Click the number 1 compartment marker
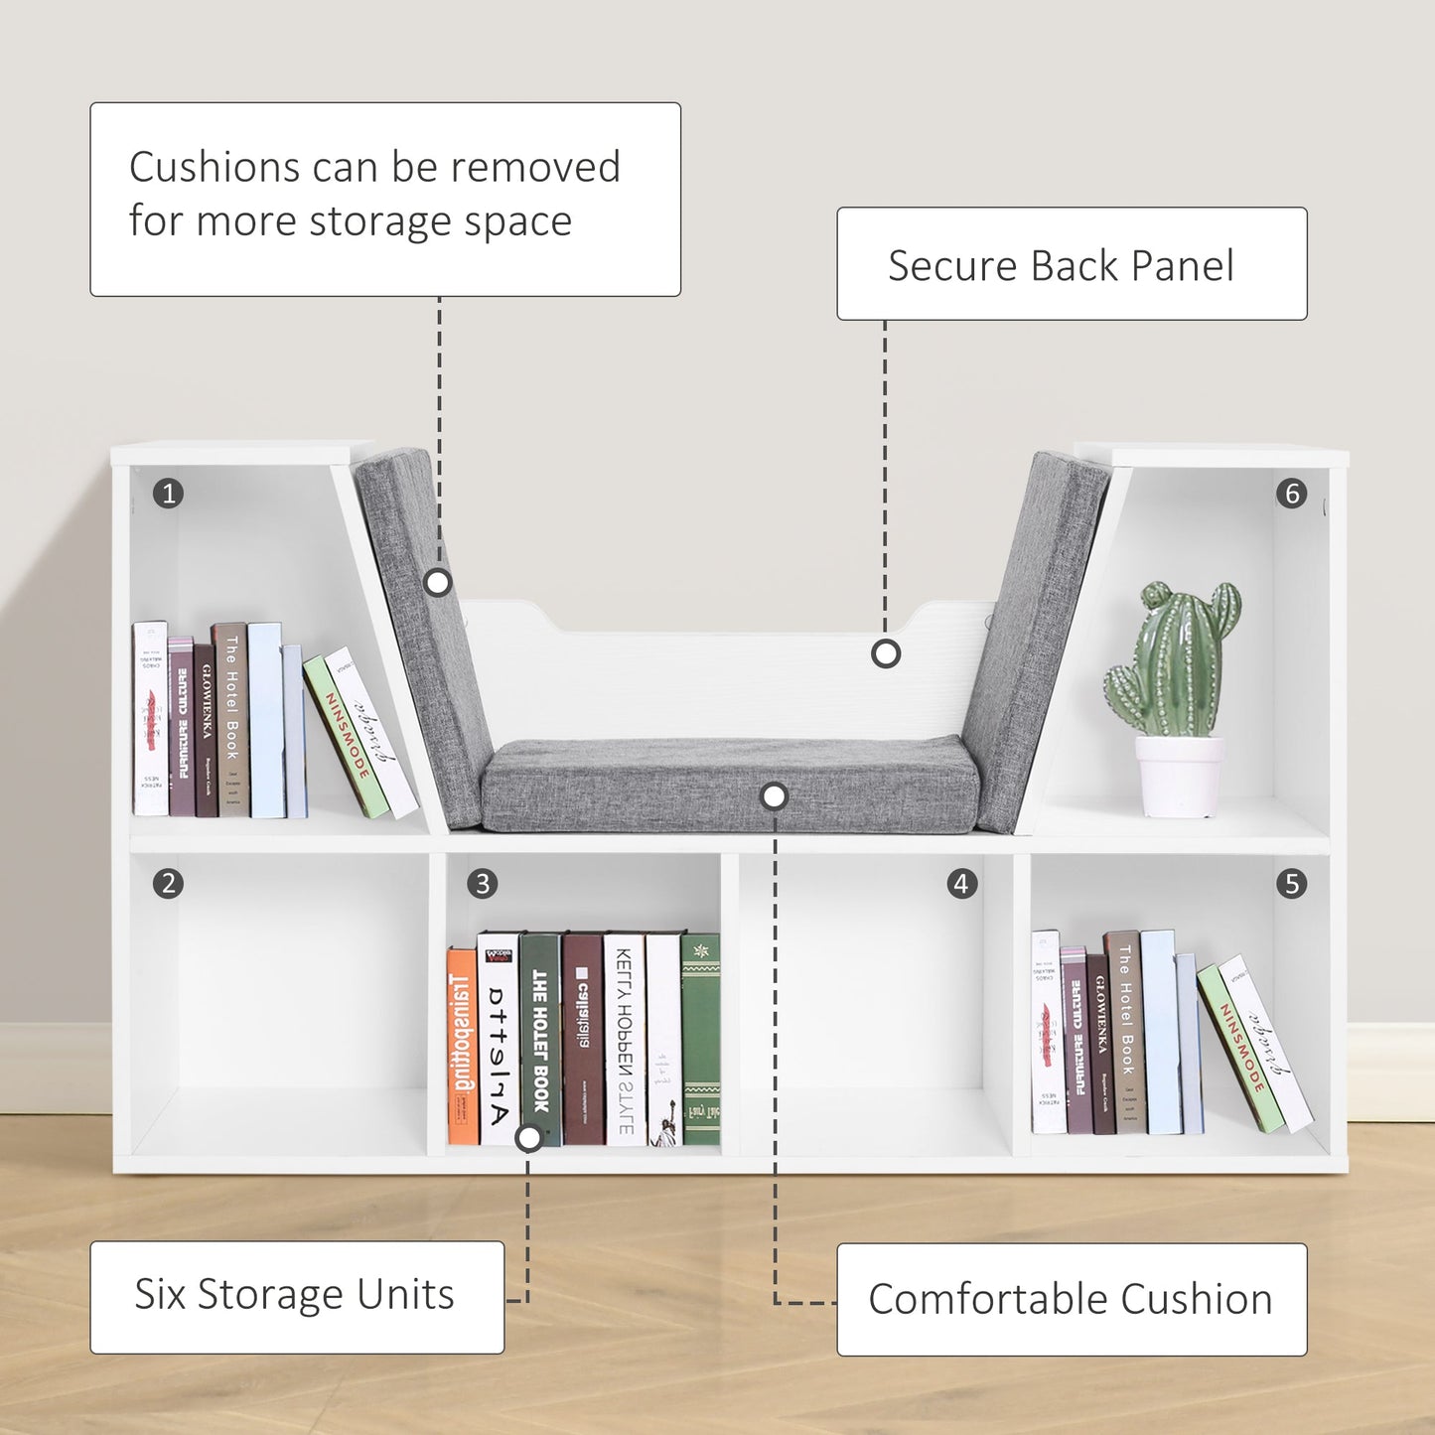169,493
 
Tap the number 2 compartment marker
169,883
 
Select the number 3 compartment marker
483,883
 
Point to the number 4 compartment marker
961,883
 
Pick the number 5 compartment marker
1292,883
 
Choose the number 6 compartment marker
1292,493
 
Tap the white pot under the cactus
1179,776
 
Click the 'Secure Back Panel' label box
1072,264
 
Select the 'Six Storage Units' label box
297,1297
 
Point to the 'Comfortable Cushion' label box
1072,1299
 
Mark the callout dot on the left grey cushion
438,582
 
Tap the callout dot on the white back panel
886,653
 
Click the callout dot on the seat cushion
775,795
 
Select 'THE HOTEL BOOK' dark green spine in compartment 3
540,1038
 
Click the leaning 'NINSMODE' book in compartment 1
347,736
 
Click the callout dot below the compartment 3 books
530,1137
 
